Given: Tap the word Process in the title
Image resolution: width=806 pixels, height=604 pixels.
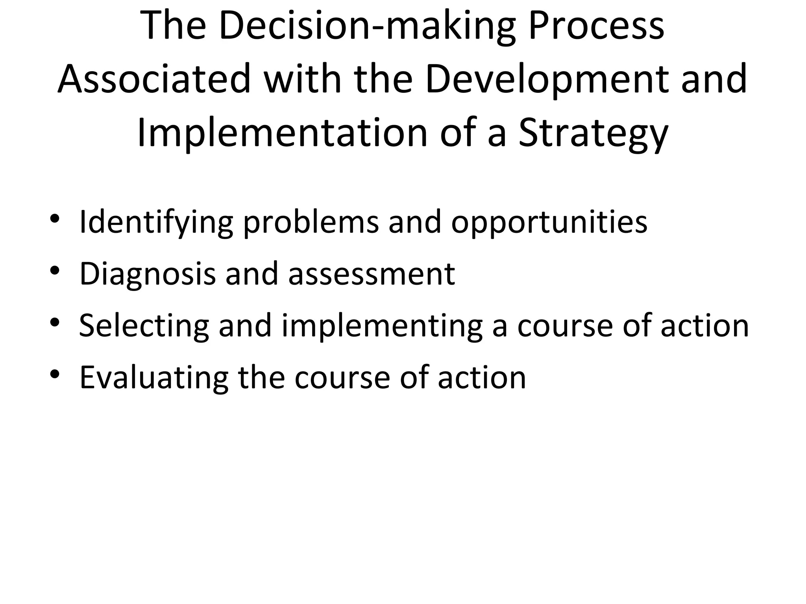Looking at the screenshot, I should pyautogui.click(x=596, y=27).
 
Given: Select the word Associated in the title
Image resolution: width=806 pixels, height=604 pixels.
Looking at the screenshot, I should pyautogui.click(x=154, y=80).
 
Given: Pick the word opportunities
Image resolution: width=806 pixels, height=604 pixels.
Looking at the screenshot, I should pyautogui.click(x=549, y=223).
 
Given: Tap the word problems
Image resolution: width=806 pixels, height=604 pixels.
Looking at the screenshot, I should pyautogui.click(x=311, y=223).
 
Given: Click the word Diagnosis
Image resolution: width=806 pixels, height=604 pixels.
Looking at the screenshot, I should pyautogui.click(x=148, y=274).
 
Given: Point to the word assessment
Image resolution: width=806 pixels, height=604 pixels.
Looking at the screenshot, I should pyautogui.click(x=372, y=274).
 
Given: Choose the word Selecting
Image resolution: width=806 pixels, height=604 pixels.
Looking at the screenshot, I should pyautogui.click(x=144, y=326).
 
